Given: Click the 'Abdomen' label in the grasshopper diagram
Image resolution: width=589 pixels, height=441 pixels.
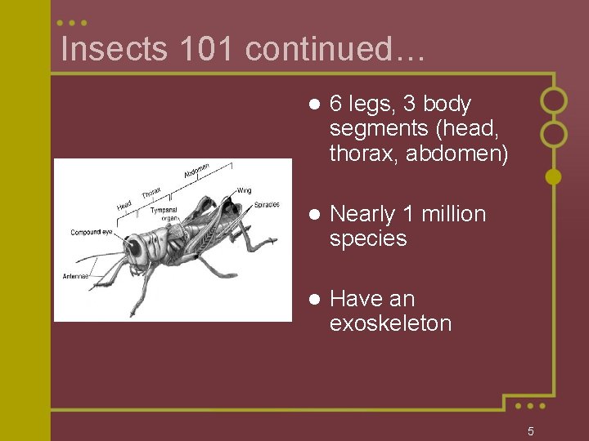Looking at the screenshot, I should coord(196,171).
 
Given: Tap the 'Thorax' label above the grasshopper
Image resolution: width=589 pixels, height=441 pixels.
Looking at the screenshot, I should coord(151,193).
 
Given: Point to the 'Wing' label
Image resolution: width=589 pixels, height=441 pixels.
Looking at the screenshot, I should coord(244,190).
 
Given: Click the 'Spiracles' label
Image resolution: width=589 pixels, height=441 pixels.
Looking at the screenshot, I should coord(266,204).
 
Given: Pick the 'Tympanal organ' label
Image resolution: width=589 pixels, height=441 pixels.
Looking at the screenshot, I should coord(164,214).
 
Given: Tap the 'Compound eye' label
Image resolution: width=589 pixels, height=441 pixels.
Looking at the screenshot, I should coord(91,233).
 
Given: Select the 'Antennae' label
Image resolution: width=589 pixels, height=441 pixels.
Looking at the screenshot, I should coord(76,276).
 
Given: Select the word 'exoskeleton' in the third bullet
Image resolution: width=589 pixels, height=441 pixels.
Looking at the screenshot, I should coord(390,323).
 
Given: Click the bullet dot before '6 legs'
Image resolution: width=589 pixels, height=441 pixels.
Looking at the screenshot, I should coord(312,105).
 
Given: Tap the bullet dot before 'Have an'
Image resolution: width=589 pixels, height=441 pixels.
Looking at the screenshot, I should coord(312,300).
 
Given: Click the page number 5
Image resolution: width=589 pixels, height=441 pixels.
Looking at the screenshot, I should coord(530,431).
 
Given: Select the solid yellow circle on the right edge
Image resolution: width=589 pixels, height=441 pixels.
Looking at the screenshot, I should coord(554,176).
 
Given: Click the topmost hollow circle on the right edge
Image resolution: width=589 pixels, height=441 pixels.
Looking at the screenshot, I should coord(554,100).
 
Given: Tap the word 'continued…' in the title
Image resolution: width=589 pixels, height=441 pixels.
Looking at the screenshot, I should coord(334,50).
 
